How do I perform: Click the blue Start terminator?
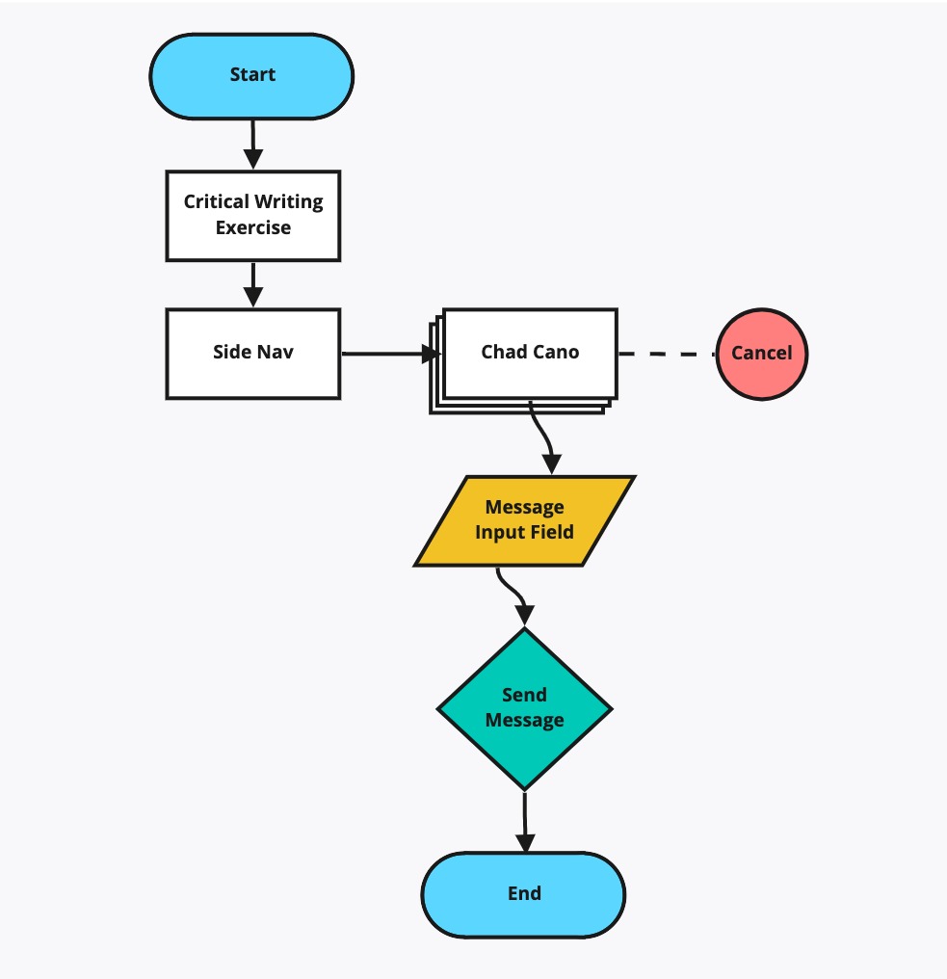[251, 76]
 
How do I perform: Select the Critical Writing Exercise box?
[252, 216]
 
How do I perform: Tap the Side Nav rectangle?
[252, 354]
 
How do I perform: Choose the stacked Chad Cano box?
[523, 360]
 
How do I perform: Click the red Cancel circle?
[762, 354]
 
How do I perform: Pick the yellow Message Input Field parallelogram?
[524, 520]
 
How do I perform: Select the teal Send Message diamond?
[524, 708]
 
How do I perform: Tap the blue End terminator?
[523, 894]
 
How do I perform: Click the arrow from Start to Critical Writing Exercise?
[252, 145]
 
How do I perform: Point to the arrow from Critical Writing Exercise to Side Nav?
[252, 284]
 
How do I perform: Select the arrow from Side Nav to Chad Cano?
[391, 354]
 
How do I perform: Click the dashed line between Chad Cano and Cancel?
[667, 354]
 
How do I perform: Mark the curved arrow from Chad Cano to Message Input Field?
[542, 437]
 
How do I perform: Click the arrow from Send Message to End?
[524, 822]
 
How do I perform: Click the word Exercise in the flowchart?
[252, 227]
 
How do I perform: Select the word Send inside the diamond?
[524, 695]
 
